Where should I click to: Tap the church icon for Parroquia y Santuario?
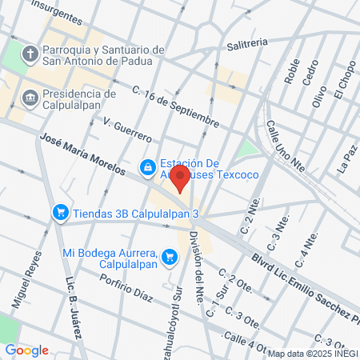pos(30,55)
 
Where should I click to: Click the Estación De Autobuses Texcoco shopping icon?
pos(147,167)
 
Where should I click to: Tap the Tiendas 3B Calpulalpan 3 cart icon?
pos(60,212)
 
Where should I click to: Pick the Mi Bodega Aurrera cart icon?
pos(169,257)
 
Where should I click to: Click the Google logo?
pos(26,350)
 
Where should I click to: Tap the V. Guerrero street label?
pos(128,127)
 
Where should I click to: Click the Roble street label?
pos(291,73)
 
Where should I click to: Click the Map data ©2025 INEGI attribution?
pos(313,353)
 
